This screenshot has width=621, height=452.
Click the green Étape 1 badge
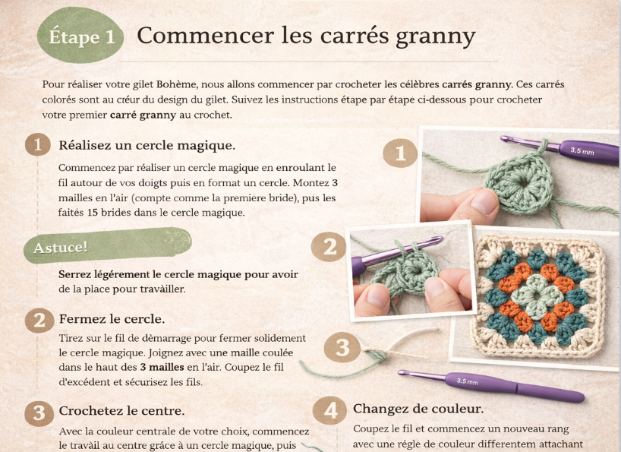[x=80, y=35]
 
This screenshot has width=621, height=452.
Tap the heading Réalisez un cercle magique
[x=147, y=145]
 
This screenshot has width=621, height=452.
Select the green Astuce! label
[x=107, y=245]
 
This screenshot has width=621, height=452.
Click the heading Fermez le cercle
[x=112, y=319]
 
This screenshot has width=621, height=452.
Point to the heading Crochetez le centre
[x=121, y=411]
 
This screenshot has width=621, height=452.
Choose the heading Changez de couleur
[x=418, y=409]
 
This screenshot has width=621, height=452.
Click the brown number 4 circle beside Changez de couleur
[x=329, y=410]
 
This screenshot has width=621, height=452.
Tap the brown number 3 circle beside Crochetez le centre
[x=39, y=413]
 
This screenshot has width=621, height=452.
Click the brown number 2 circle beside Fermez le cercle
[x=39, y=321]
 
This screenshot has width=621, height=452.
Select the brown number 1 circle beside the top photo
[x=400, y=153]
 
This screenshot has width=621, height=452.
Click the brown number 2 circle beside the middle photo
[x=329, y=247]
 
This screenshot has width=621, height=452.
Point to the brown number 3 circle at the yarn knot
[x=342, y=347]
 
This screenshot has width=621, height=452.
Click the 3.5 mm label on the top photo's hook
[x=582, y=151]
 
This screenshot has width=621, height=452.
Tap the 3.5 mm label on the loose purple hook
[x=468, y=381]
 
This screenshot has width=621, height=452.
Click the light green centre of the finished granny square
[x=535, y=295]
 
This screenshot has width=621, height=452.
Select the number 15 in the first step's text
[x=93, y=213]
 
